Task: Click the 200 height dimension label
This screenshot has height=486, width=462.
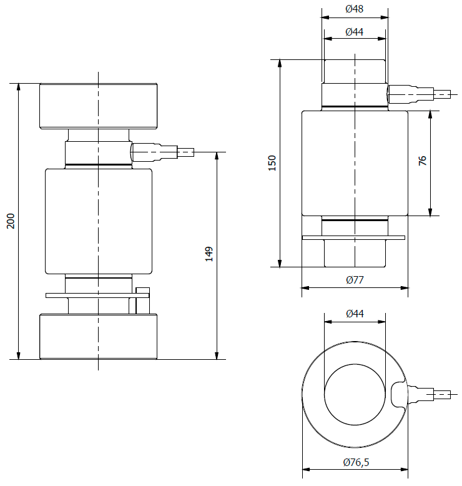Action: coord(11,221)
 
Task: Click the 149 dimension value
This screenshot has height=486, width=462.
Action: coord(209,254)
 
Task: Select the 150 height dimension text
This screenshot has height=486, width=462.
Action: coord(272,163)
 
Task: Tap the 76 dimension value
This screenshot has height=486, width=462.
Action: coord(422,161)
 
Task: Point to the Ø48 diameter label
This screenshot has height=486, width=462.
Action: coord(354,9)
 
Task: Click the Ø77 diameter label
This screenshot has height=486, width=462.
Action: coord(355,280)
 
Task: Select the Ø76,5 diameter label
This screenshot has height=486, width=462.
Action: coord(355,462)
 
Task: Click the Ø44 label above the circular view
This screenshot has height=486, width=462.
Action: coord(354,314)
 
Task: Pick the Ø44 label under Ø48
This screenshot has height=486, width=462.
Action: coord(354,32)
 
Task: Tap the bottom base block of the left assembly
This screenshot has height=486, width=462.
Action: coord(98,336)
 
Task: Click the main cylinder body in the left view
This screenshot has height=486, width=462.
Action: coord(98,221)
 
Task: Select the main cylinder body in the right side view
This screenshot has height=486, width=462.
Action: coord(355,163)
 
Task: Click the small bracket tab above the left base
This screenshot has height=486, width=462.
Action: coord(142,290)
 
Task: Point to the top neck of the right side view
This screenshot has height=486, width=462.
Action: coord(354,71)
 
